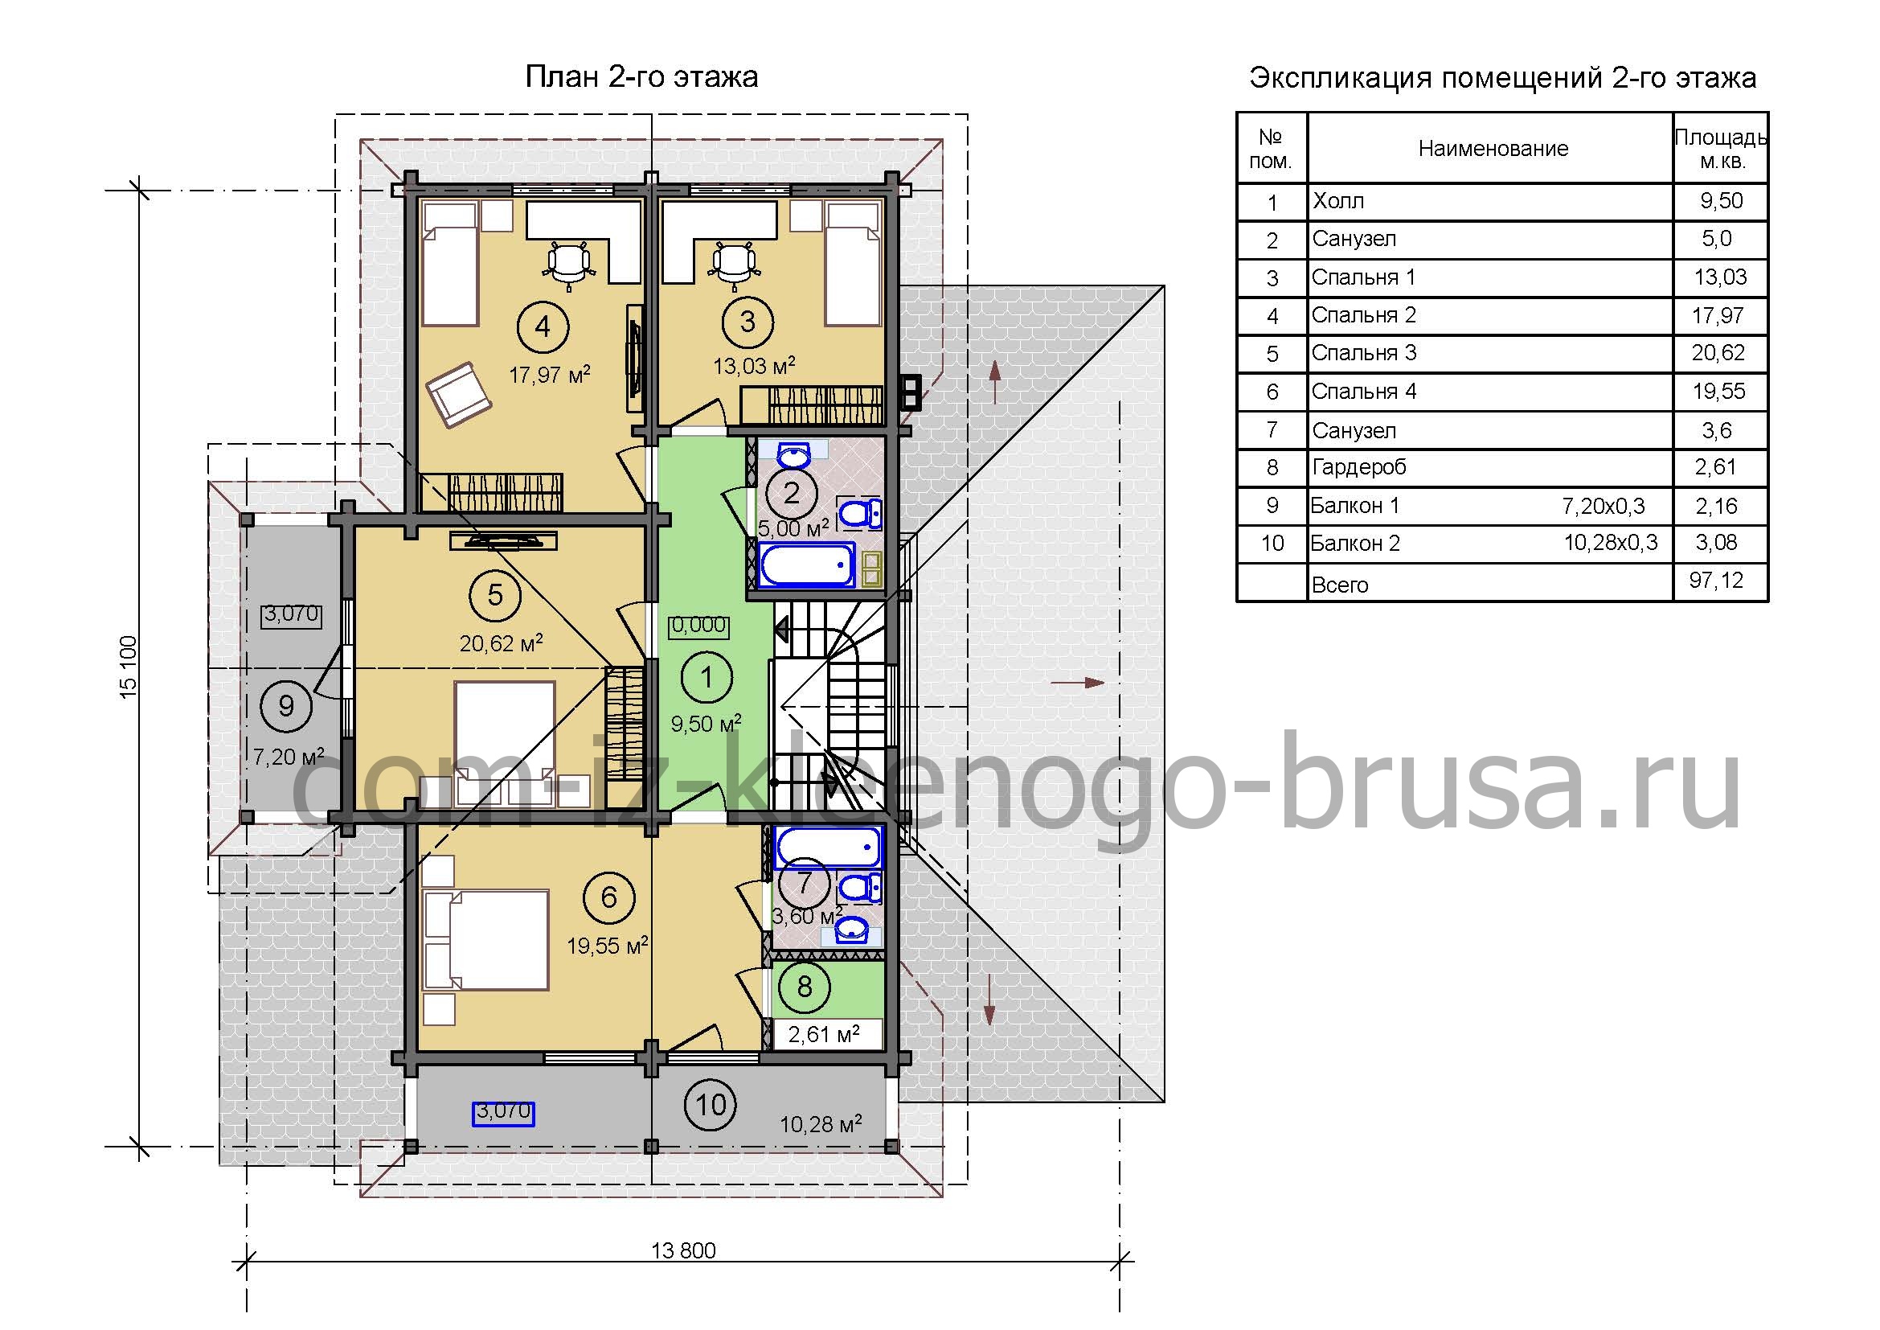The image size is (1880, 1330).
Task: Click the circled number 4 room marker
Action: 543,326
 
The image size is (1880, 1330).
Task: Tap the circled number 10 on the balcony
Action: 711,1105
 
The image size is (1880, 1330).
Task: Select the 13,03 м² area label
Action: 754,365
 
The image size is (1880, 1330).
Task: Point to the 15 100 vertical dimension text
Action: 129,667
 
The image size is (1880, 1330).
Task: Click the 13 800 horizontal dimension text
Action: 684,1250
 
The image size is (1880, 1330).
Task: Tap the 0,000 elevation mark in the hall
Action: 698,626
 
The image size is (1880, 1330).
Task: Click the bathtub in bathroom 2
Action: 807,565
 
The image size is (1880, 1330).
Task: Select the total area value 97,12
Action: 1716,581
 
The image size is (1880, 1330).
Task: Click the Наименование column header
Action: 1493,148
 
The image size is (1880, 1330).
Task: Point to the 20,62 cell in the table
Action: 1718,353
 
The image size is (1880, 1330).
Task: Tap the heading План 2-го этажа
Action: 641,77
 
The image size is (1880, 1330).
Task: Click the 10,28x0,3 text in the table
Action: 1611,543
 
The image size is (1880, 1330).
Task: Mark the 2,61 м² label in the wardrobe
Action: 824,1034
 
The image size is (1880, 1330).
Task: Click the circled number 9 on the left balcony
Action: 286,705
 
